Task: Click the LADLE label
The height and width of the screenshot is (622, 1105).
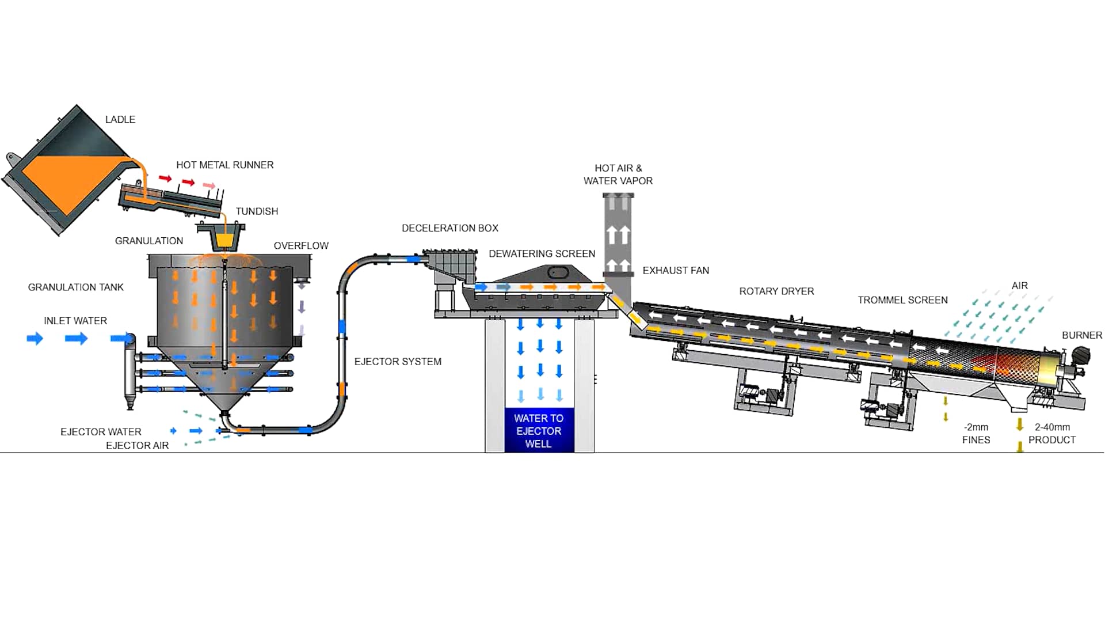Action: [120, 119]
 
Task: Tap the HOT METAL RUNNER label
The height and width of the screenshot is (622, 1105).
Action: [224, 165]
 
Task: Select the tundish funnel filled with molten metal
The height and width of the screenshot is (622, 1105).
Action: [222, 237]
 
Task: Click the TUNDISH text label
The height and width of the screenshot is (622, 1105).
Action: [257, 211]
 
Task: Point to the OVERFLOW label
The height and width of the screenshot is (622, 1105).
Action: [301, 245]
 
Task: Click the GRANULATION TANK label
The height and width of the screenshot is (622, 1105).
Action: [75, 287]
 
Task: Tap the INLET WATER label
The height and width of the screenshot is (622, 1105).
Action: [75, 321]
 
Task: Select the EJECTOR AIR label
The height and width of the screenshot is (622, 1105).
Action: [137, 445]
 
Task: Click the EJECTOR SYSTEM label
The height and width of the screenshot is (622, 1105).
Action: [398, 362]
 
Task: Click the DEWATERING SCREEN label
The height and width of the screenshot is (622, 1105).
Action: [542, 253]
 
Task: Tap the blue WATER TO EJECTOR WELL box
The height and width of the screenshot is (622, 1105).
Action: [539, 430]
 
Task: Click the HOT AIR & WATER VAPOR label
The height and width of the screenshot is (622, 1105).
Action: [618, 175]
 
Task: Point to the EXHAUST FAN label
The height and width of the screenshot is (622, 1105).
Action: [676, 270]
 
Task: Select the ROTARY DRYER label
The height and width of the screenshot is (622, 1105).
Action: [776, 291]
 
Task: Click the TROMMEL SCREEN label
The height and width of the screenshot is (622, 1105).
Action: [902, 300]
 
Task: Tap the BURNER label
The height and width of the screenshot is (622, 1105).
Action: [1081, 335]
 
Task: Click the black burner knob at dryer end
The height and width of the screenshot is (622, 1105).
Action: [1081, 355]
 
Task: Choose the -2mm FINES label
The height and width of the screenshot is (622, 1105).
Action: [976, 433]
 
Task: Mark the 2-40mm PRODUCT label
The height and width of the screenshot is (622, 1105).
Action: [1052, 433]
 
